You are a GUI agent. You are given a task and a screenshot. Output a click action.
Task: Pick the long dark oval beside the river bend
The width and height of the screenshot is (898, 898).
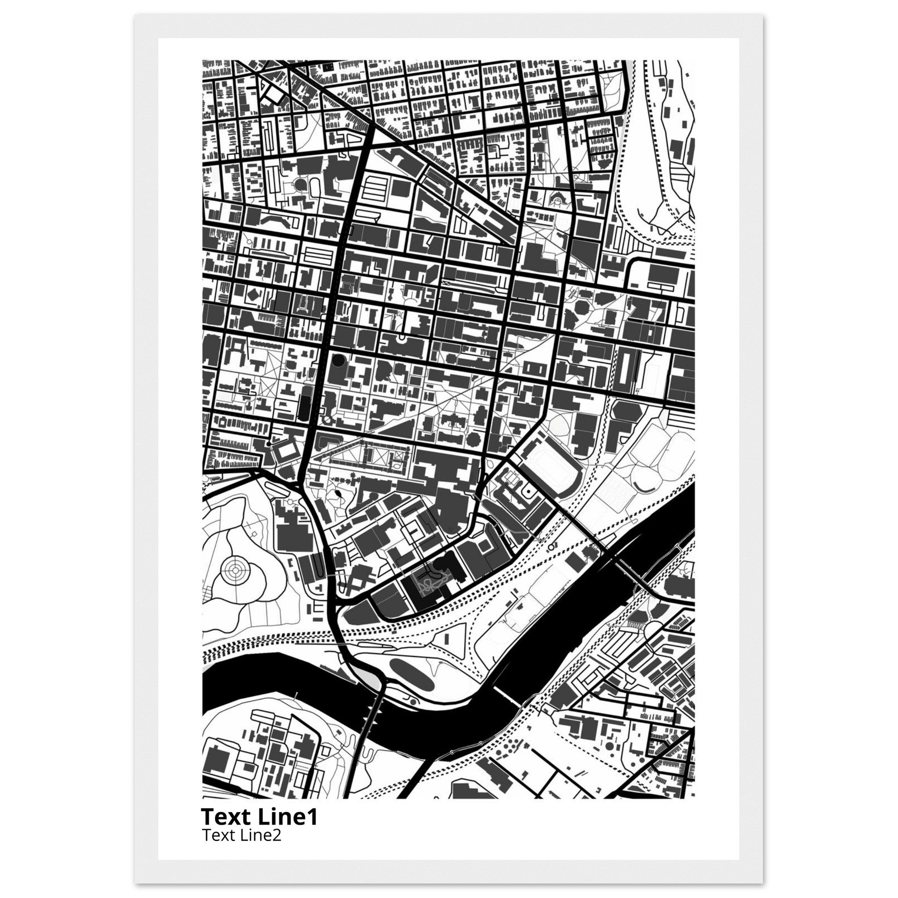tap(411, 674)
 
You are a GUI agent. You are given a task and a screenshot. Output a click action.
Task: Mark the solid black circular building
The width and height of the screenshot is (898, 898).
tap(339, 360)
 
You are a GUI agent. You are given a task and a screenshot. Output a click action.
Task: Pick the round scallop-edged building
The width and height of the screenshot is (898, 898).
tap(473, 438)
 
